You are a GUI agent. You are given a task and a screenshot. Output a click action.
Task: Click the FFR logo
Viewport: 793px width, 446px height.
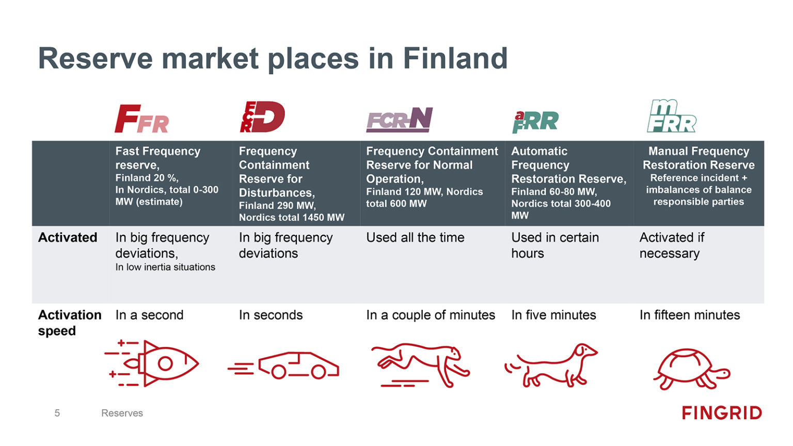coord(141,119)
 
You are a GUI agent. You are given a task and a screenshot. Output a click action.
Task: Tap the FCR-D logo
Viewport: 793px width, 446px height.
coord(262,117)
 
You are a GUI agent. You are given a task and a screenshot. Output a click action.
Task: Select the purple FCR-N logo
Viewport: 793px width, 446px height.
coord(399,120)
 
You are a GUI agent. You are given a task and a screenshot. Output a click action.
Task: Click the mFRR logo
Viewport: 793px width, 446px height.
coord(671,116)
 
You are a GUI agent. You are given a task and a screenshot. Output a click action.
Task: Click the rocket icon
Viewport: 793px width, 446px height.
coord(153,363)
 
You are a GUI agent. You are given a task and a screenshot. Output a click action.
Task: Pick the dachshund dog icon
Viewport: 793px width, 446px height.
coord(551,365)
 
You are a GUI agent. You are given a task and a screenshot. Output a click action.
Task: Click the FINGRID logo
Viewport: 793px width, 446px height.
coord(721,413)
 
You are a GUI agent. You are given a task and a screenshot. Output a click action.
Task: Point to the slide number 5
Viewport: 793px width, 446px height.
coord(57,413)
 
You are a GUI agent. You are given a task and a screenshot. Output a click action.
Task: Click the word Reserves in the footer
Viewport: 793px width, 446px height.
coord(122,413)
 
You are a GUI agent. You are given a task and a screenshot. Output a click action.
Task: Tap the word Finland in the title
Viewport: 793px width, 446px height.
coord(455,58)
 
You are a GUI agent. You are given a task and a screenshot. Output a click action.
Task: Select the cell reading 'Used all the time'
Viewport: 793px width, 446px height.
coord(415,237)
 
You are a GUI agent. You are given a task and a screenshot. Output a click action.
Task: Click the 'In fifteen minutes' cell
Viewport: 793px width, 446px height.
coord(689,315)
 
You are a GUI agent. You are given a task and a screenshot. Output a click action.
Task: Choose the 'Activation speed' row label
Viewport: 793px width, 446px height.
coord(69,323)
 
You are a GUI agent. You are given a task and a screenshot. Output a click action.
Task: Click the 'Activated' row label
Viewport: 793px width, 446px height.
coord(68,237)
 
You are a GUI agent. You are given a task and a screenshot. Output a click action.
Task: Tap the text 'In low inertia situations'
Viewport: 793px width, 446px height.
coord(165,267)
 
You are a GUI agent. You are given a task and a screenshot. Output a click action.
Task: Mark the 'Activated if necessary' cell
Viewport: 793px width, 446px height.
coord(671,245)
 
